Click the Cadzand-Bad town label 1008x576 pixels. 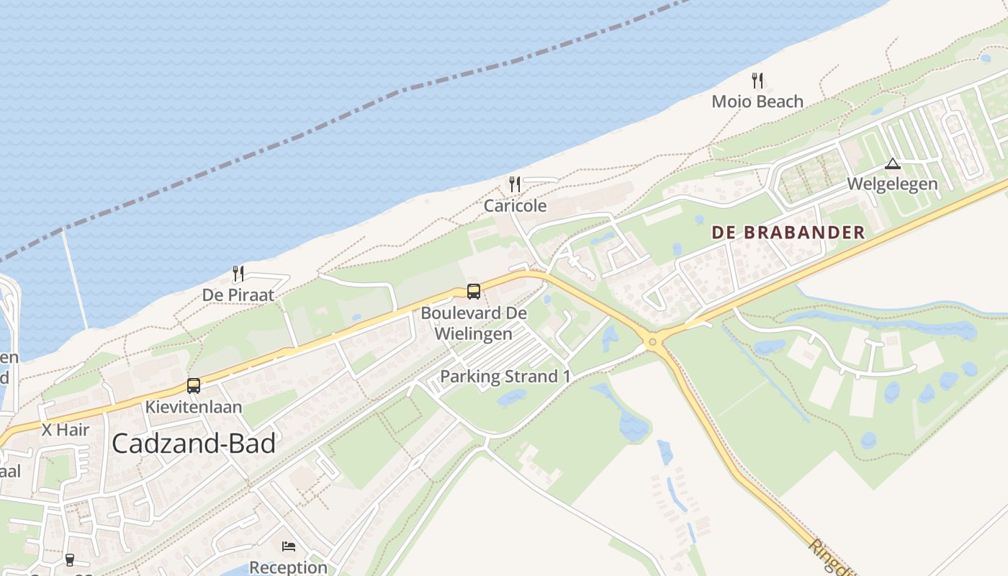pyautogui.click(x=194, y=444)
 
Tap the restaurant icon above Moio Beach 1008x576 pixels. pyautogui.click(x=757, y=80)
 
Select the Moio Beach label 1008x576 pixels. pyautogui.click(x=757, y=102)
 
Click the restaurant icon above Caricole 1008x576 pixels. pyautogui.click(x=514, y=184)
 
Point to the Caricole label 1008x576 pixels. pyautogui.click(x=515, y=206)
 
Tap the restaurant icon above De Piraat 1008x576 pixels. pyautogui.click(x=238, y=274)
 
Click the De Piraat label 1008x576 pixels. pyautogui.click(x=238, y=295)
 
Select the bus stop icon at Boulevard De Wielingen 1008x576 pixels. pyautogui.click(x=473, y=291)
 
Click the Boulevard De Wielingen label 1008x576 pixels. pyautogui.click(x=474, y=323)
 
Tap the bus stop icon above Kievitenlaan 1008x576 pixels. pyautogui.click(x=193, y=385)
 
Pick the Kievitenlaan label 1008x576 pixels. pyautogui.click(x=194, y=407)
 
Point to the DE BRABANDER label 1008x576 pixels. pyautogui.click(x=788, y=233)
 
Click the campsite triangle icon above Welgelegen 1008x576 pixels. pyautogui.click(x=893, y=163)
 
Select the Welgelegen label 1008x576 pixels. pyautogui.click(x=892, y=184)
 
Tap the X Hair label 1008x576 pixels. pyautogui.click(x=66, y=430)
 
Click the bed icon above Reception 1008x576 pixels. pyautogui.click(x=289, y=546)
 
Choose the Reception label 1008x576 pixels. pyautogui.click(x=289, y=567)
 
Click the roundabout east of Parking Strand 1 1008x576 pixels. pyautogui.click(x=654, y=341)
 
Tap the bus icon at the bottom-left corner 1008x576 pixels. pyautogui.click(x=70, y=559)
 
